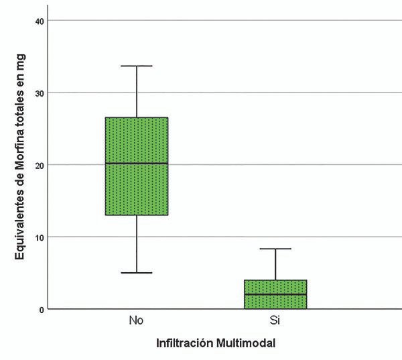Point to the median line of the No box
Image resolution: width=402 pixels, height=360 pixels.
(x=137, y=163)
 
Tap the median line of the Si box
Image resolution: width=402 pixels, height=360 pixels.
(x=275, y=294)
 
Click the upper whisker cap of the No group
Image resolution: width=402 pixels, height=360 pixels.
(x=137, y=66)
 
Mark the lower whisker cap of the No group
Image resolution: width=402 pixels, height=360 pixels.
(x=137, y=273)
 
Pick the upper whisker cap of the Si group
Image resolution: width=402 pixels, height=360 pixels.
(x=275, y=249)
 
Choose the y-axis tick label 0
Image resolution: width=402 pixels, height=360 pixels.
(x=42, y=309)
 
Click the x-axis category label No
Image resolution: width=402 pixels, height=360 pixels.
(x=136, y=320)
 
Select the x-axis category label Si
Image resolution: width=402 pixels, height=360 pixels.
(x=275, y=320)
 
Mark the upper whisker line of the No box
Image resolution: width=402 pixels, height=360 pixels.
(x=137, y=92)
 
